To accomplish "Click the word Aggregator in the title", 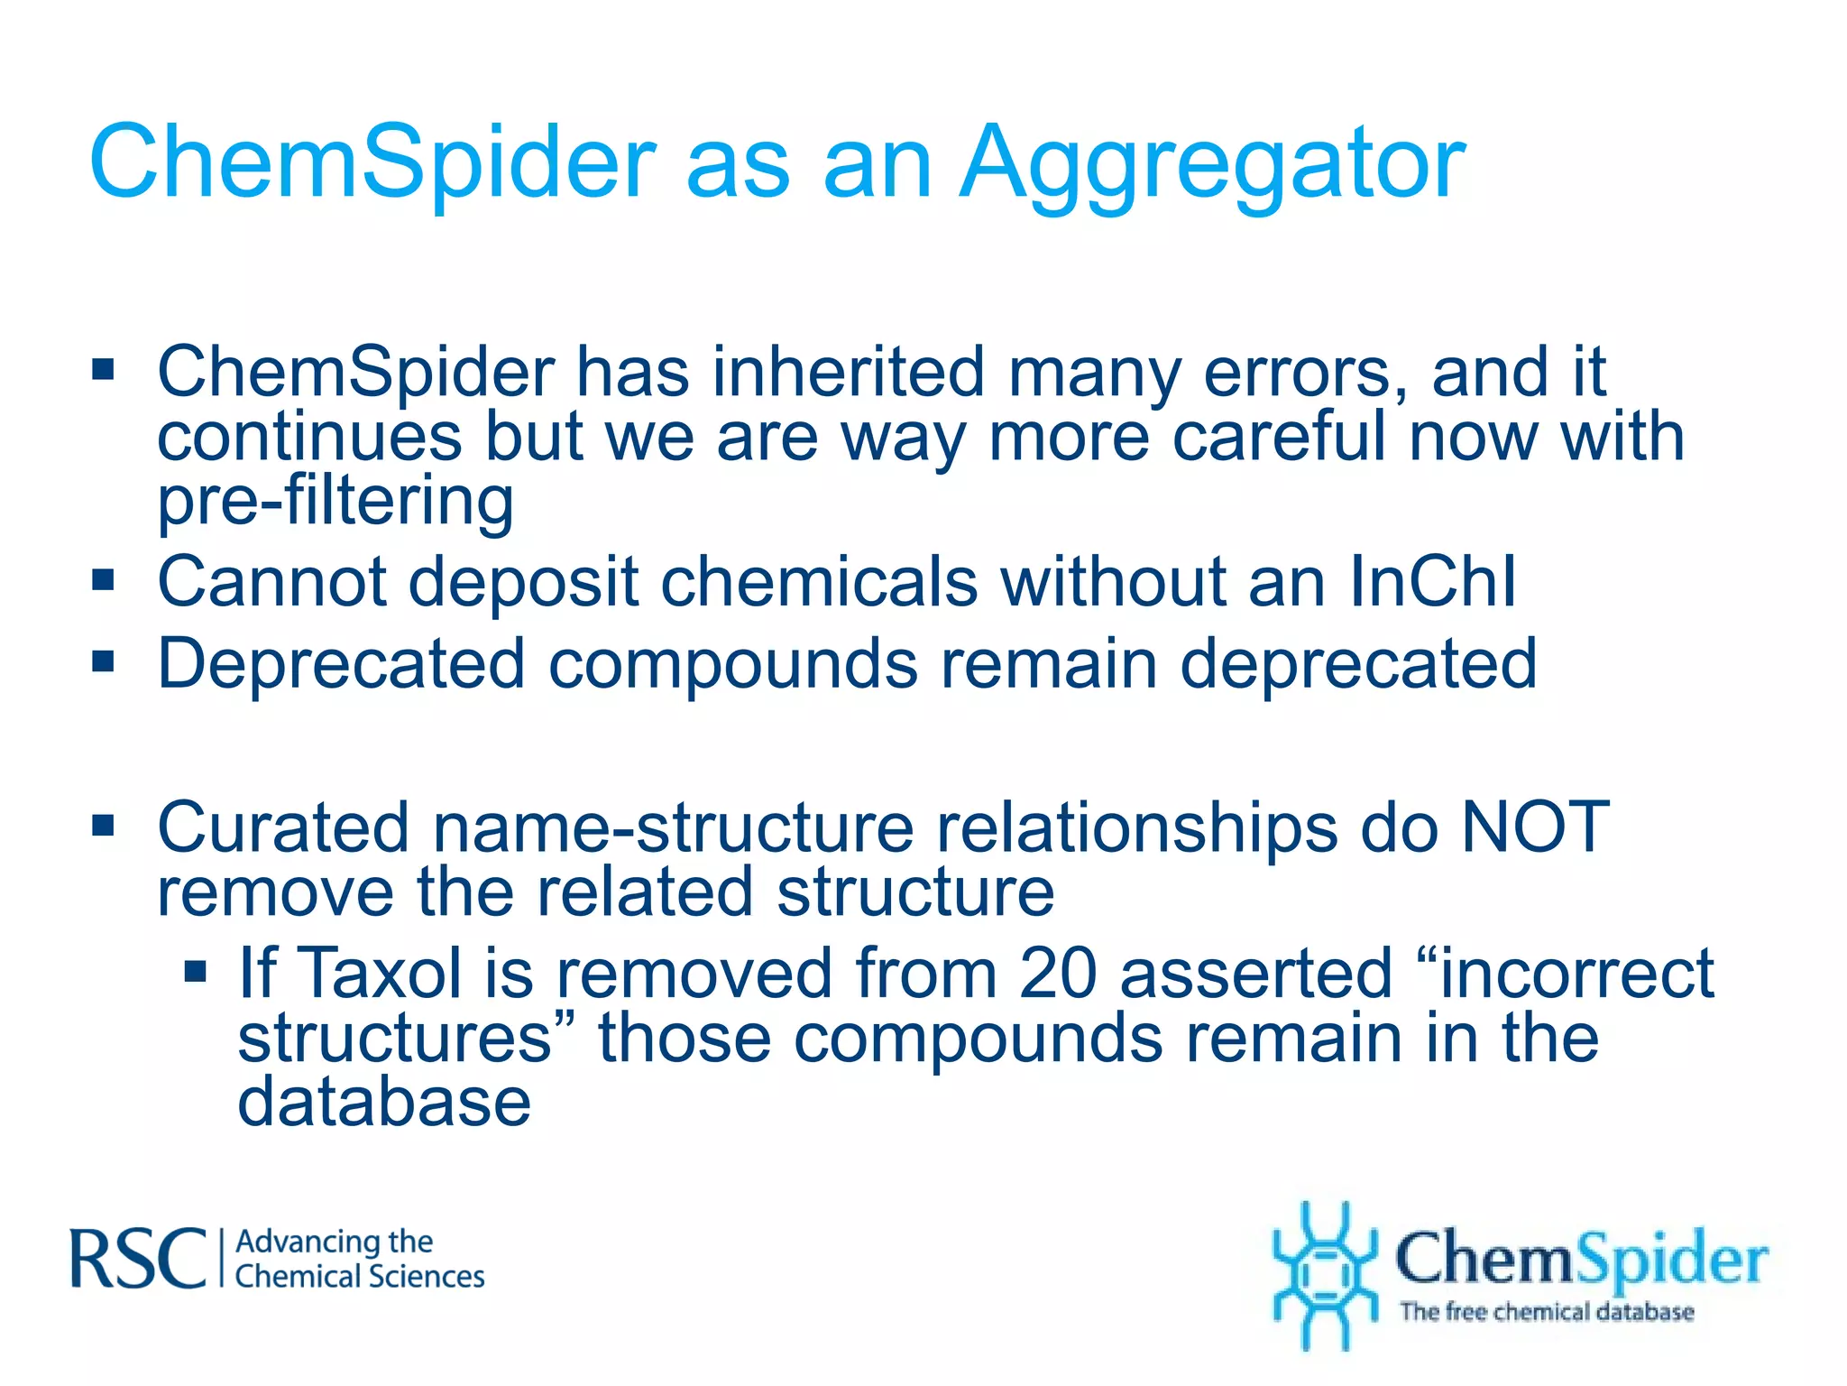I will click(1212, 164).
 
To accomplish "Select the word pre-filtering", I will click(335, 502).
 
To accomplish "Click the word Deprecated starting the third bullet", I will click(341, 665).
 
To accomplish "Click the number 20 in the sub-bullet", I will click(1058, 975).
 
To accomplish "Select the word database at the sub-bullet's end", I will click(384, 1103).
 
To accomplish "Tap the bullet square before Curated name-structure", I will click(104, 824).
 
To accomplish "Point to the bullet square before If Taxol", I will click(196, 972).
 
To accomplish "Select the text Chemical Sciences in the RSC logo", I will click(360, 1277).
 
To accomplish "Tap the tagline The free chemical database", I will click(1546, 1311).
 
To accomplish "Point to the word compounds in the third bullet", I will click(732, 665).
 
